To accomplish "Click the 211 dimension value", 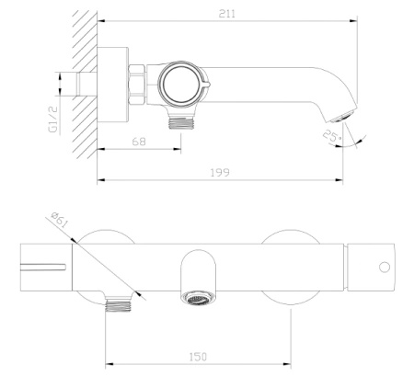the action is tap(227, 14).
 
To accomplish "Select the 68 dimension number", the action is tap(139, 142).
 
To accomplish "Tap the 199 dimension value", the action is tap(220, 173).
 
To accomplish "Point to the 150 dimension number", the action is tap(198, 357).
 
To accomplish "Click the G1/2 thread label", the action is tap(53, 120).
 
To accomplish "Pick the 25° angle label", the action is tap(332, 137).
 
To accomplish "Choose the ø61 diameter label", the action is tap(59, 220).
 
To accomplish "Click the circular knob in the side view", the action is tap(181, 85).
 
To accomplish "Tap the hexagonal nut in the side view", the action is tap(137, 85).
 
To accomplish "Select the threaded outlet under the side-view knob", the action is tap(181, 122).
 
